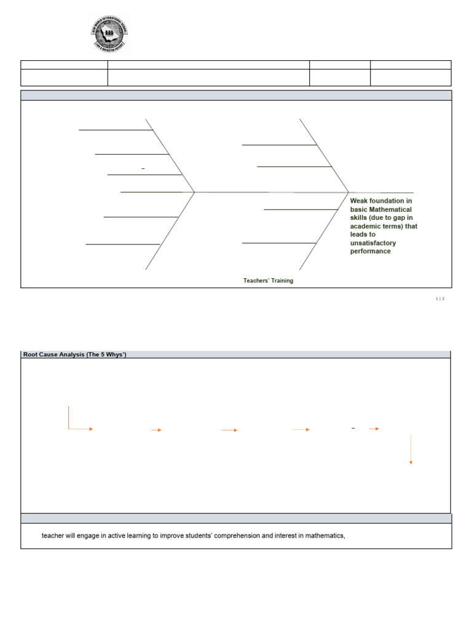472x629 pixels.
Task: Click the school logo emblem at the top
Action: point(110,34)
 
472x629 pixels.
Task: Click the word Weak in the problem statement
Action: point(360,200)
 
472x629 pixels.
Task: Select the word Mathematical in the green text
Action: point(388,209)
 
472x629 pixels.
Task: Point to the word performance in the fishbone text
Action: point(370,251)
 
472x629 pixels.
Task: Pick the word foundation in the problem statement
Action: point(390,200)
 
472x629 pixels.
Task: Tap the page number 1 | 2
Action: point(439,298)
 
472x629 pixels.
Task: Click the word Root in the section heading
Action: point(31,354)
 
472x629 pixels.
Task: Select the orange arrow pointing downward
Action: point(411,450)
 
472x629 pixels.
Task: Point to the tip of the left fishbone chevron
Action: point(195,192)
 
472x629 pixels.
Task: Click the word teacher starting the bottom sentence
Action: point(53,536)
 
